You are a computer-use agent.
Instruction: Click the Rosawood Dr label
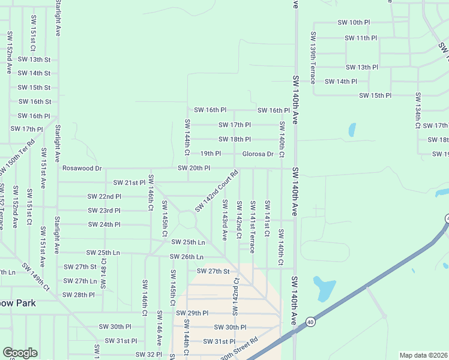[82, 169]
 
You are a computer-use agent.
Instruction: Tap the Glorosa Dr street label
[258, 154]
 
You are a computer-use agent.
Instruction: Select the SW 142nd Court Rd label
[216, 191]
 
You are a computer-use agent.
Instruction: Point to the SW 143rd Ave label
[224, 220]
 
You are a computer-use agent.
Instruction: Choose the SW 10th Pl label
[354, 22]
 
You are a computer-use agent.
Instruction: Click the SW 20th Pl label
[194, 169]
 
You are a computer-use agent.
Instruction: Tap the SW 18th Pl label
[234, 139]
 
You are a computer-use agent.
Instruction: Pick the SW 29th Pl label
[192, 313]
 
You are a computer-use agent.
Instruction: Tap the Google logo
[20, 353]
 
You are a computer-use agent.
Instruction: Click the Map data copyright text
[424, 355]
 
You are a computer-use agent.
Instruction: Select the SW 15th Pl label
[375, 95]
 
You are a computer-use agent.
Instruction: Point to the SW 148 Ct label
[103, 272]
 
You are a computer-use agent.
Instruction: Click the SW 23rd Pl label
[104, 211]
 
